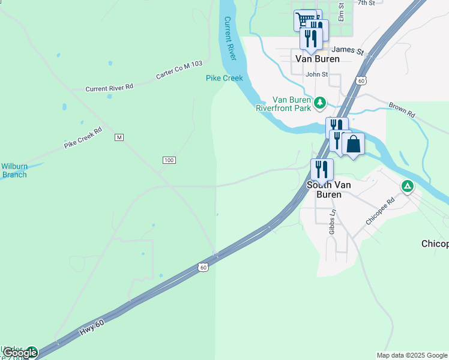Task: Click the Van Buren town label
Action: pyautogui.click(x=318, y=59)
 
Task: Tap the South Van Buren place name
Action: pyautogui.click(x=324, y=190)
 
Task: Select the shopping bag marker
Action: pyautogui.click(x=354, y=145)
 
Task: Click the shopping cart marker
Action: pyautogui.click(x=305, y=20)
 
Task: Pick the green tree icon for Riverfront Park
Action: pyautogui.click(x=321, y=103)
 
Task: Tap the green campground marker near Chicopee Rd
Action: pyautogui.click(x=408, y=186)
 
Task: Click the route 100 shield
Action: pyautogui.click(x=169, y=160)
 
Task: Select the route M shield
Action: pyautogui.click(x=119, y=137)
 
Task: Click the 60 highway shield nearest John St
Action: pyautogui.click(x=360, y=80)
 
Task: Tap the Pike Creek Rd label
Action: pyautogui.click(x=83, y=137)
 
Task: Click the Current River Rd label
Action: pyautogui.click(x=109, y=88)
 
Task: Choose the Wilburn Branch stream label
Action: pyautogui.click(x=14, y=170)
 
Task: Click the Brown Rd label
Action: pyautogui.click(x=402, y=109)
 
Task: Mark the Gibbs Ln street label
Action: pyautogui.click(x=332, y=222)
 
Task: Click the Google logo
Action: pyautogui.click(x=19, y=353)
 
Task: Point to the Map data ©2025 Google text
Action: pyautogui.click(x=411, y=355)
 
